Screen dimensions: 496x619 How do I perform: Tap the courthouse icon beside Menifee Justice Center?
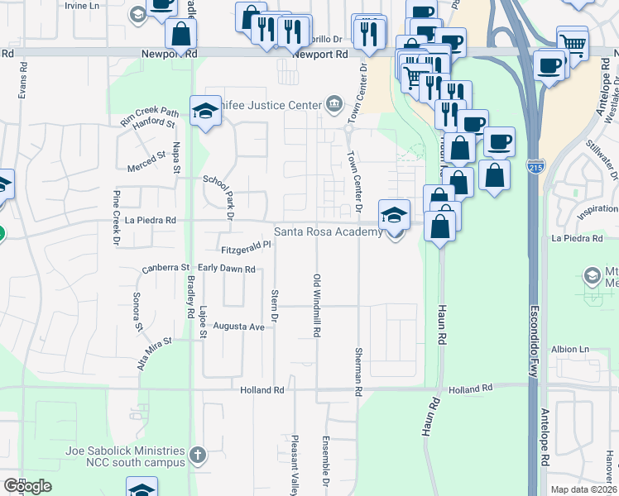(333, 103)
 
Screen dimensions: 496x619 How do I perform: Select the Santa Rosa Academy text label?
(329, 232)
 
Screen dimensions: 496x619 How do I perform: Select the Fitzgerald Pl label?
(246, 247)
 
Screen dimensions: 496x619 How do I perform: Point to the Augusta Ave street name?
(238, 327)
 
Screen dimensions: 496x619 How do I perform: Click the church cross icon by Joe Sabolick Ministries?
(197, 455)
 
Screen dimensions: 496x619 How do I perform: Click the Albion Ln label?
(571, 349)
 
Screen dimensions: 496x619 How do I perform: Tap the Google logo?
(27, 486)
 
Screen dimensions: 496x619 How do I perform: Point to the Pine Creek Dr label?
(117, 213)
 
